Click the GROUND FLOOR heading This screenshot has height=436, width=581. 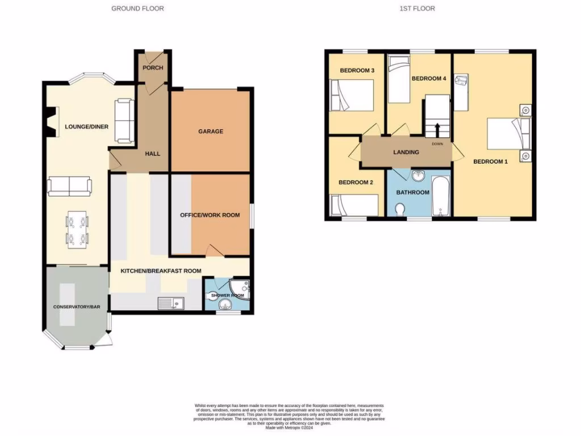point(138,9)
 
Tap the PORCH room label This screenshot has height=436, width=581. point(153,68)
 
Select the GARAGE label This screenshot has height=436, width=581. point(210,132)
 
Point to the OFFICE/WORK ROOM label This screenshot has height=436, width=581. point(210,215)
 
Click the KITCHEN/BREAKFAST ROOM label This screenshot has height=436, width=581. point(161,271)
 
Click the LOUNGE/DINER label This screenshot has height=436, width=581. point(86,127)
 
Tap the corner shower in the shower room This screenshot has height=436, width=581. point(241,289)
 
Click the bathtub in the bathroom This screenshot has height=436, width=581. point(440,196)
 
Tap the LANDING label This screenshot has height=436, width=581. point(406,152)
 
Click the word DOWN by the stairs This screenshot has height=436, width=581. point(437,144)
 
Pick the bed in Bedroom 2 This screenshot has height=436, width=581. point(355,205)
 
